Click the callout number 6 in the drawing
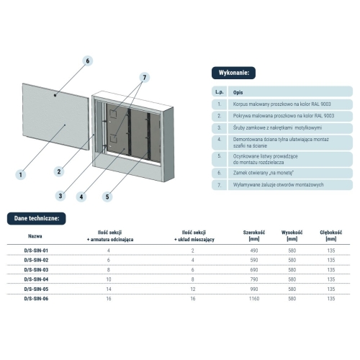(x=88, y=61)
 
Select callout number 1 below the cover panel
(x=21, y=174)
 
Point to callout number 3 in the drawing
(x=62, y=195)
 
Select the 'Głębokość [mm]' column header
(x=330, y=236)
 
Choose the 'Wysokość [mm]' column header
(x=292, y=236)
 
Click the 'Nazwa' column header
(x=35, y=235)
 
